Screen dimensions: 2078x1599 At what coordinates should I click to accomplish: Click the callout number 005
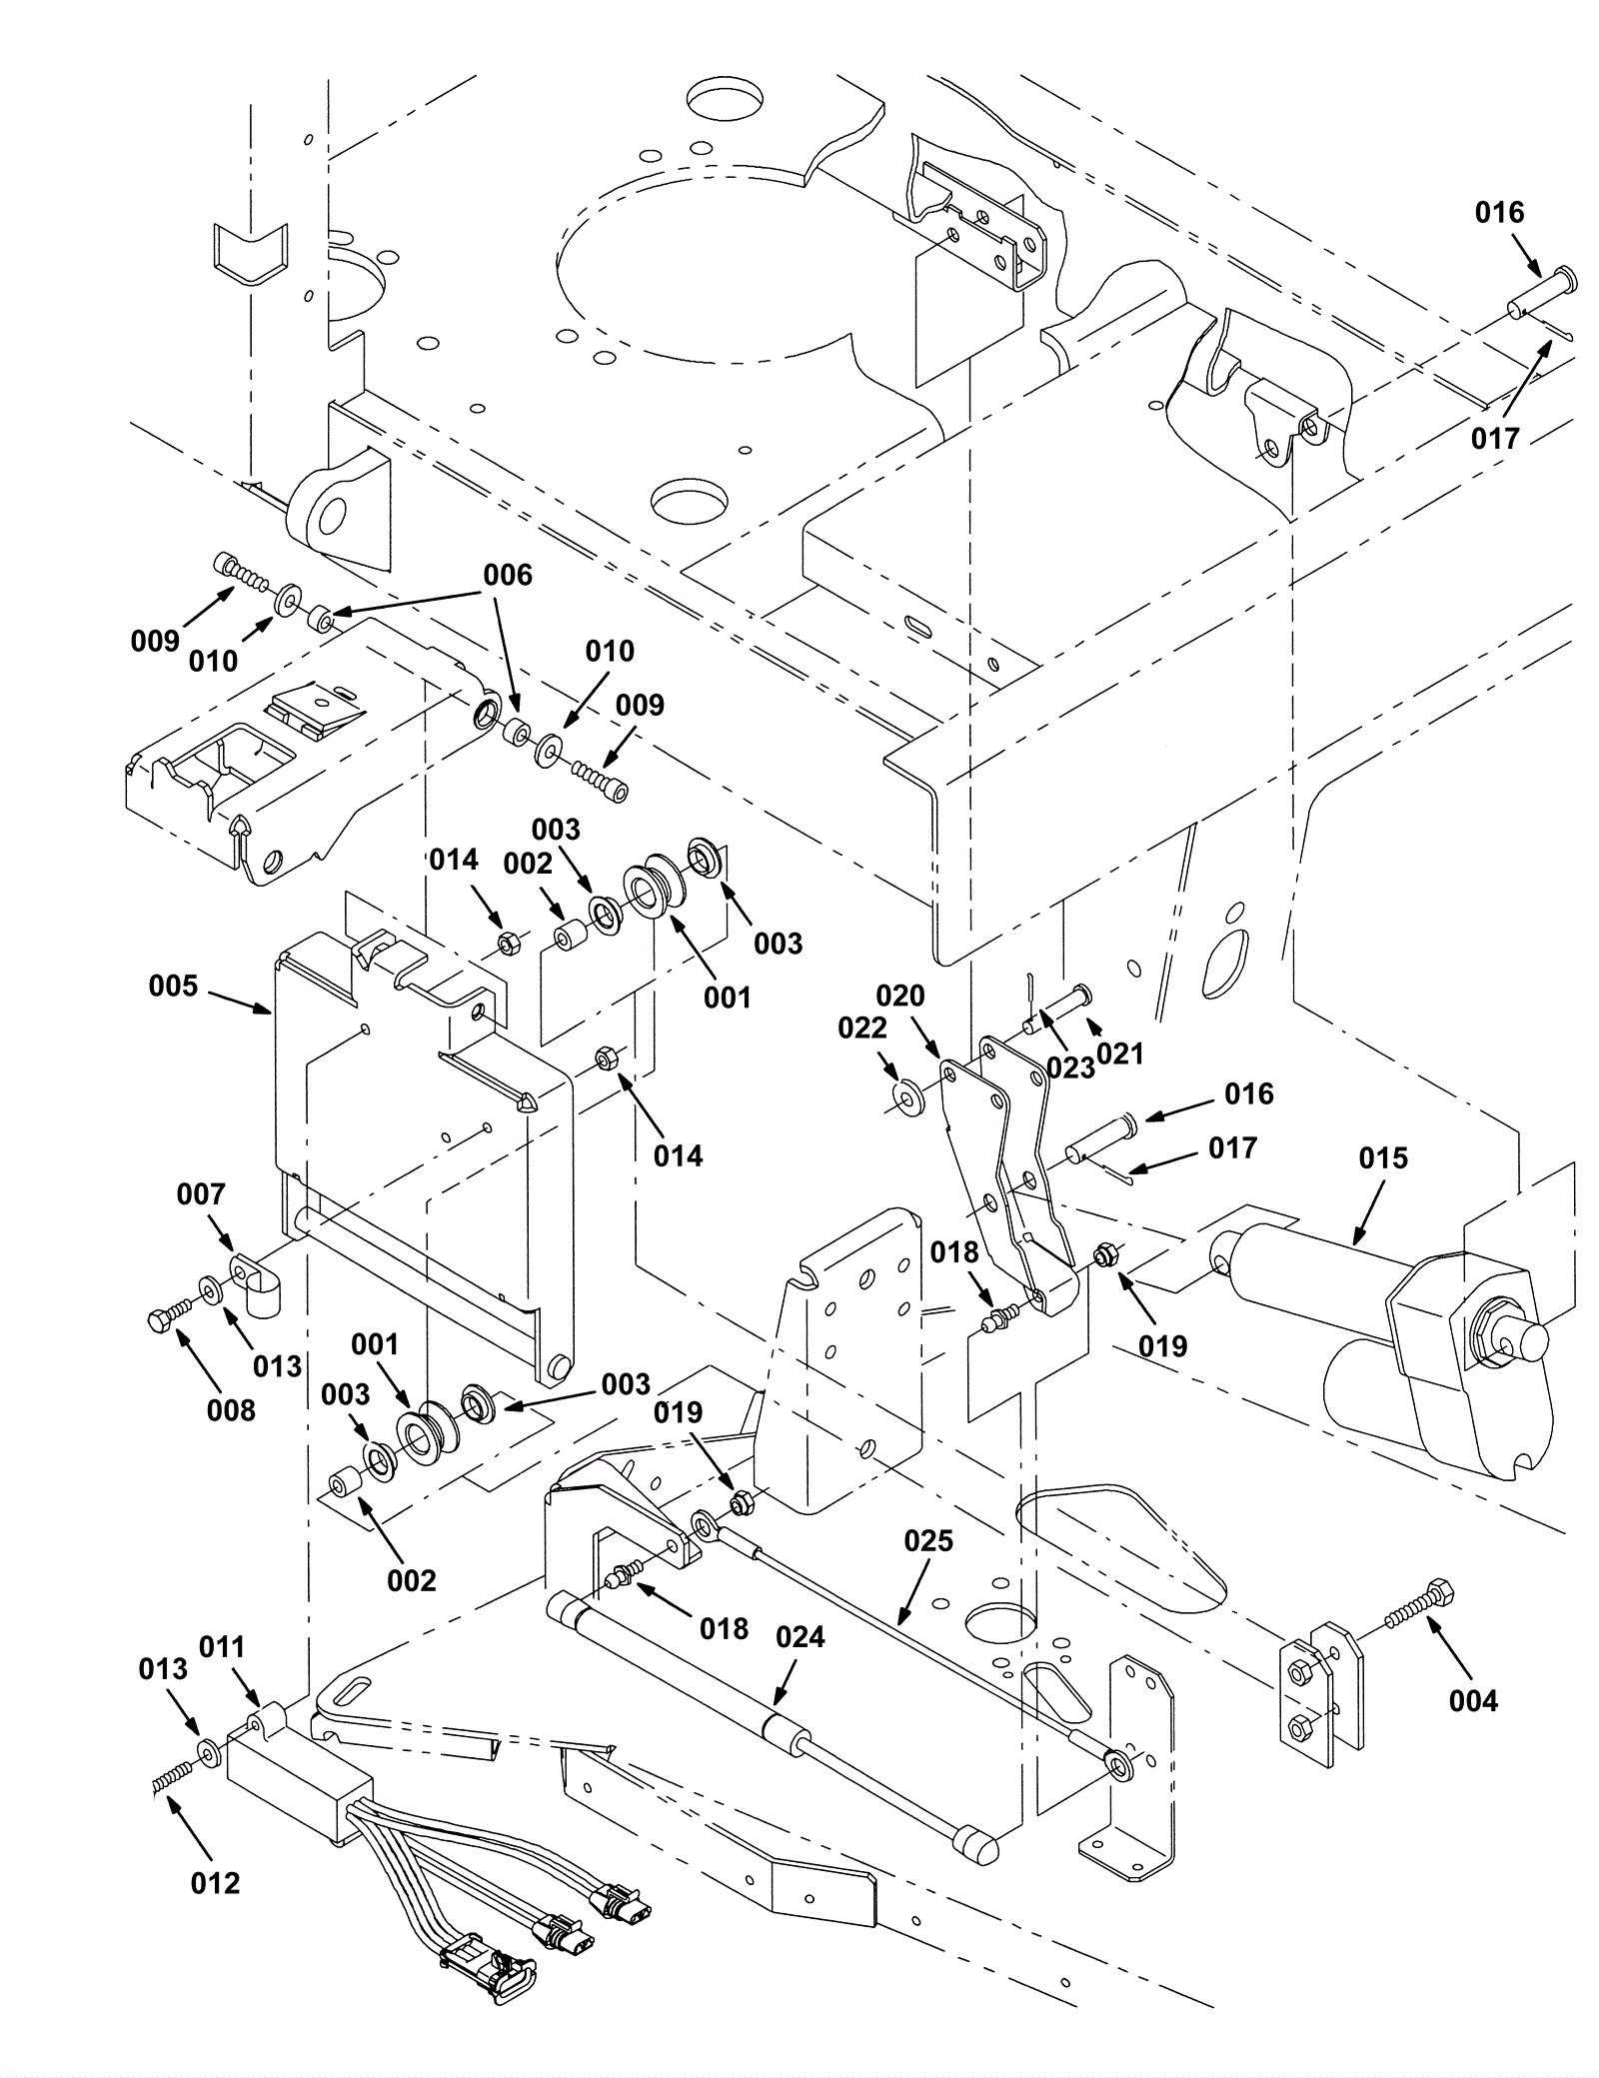coord(174,987)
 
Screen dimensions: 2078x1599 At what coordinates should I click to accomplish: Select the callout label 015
coord(1383,1158)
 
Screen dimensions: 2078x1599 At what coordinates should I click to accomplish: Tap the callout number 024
coord(800,1637)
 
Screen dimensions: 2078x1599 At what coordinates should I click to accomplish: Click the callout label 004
coord(1473,1700)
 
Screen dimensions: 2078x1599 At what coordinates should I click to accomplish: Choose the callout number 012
coord(215,1883)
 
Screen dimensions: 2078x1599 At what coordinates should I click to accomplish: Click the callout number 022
coord(862,1029)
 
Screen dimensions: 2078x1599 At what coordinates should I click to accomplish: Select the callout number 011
coord(222,1646)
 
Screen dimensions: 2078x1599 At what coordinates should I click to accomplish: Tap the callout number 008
coord(231,1410)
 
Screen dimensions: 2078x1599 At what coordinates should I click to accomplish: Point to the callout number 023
coord(1070,1068)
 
